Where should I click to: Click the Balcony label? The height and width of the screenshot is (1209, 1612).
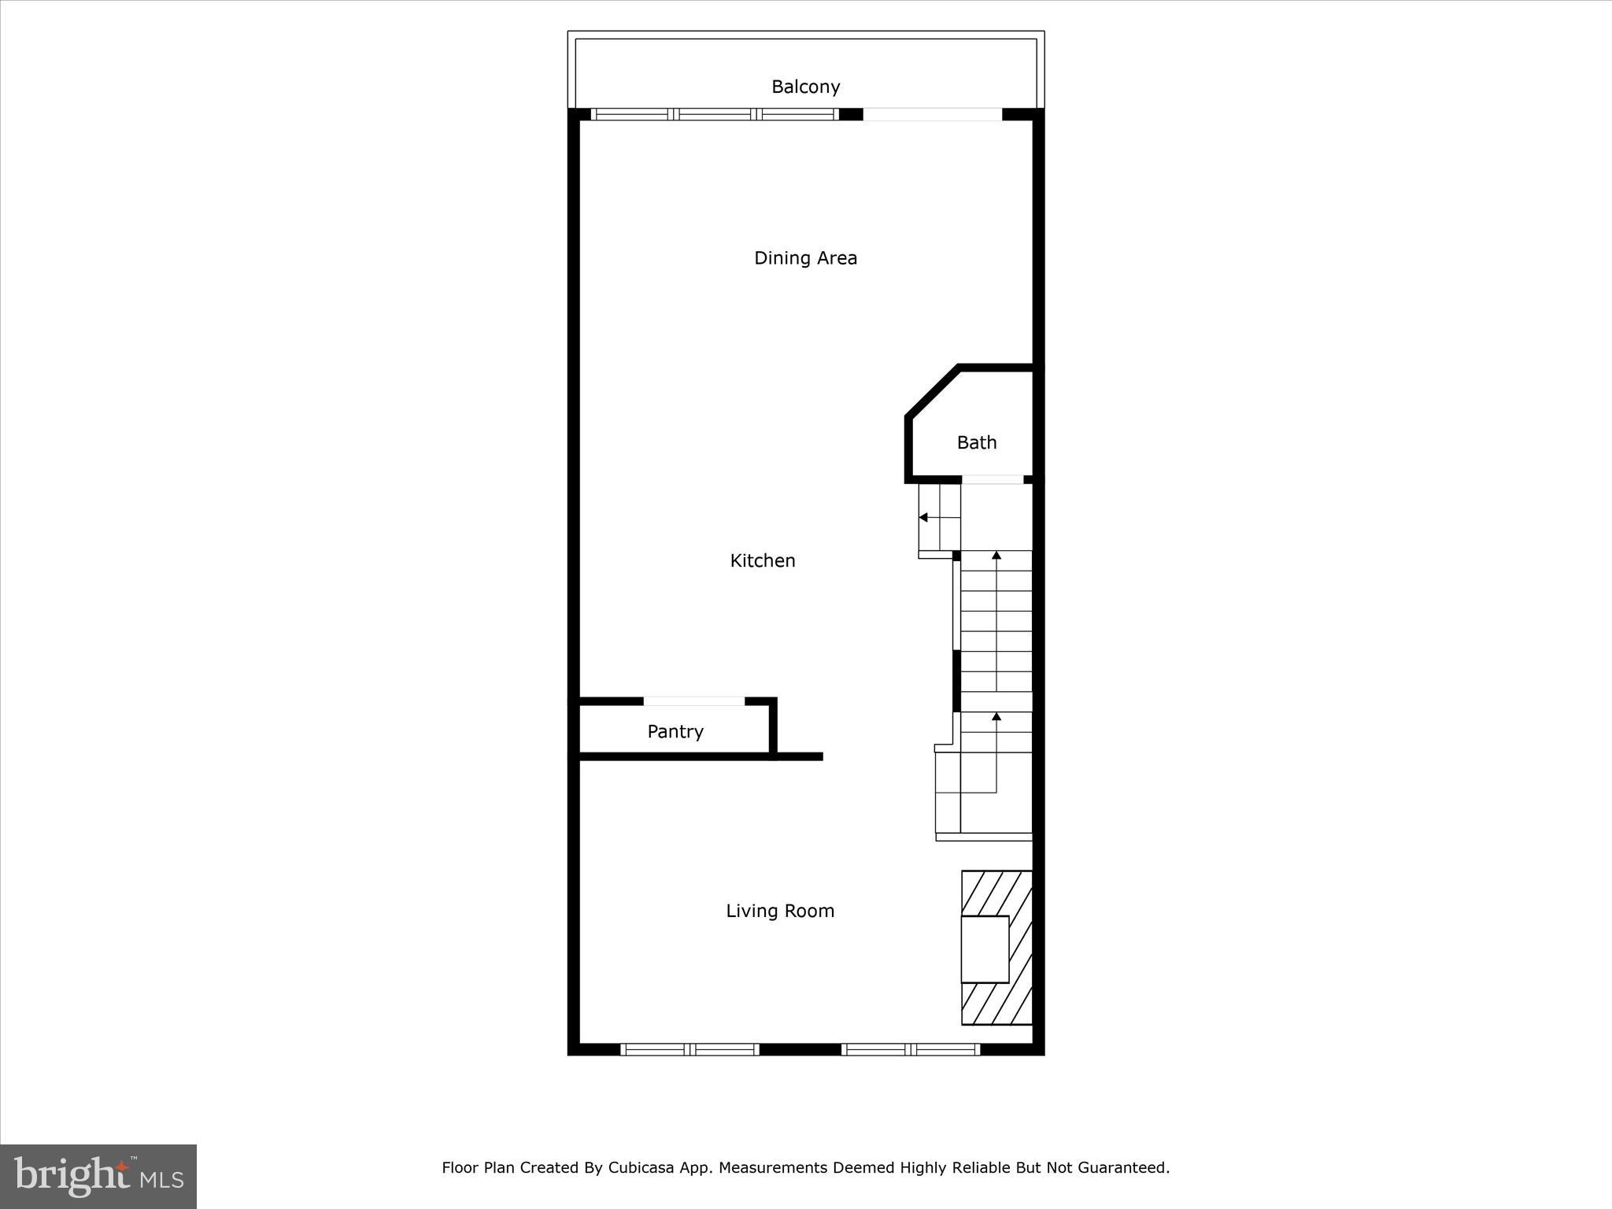805,87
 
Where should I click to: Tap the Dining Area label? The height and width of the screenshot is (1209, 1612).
805,258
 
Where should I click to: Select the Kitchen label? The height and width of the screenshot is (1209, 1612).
763,560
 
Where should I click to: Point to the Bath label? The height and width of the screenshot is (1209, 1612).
977,442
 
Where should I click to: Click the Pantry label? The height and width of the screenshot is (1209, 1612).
675,731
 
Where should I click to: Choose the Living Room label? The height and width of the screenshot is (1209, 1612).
780,911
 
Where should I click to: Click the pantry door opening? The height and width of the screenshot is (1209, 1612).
694,701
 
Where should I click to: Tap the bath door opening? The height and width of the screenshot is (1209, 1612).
993,479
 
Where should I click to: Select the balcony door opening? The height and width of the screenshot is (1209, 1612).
932,115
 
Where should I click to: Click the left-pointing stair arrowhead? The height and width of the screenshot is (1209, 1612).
924,517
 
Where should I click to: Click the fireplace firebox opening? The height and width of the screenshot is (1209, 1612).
985,949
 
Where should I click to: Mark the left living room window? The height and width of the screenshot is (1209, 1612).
690,1049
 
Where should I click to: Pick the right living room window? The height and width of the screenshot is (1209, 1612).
911,1049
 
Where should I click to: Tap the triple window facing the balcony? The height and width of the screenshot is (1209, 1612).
715,115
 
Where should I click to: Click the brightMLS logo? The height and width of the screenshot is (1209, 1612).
98,1177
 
